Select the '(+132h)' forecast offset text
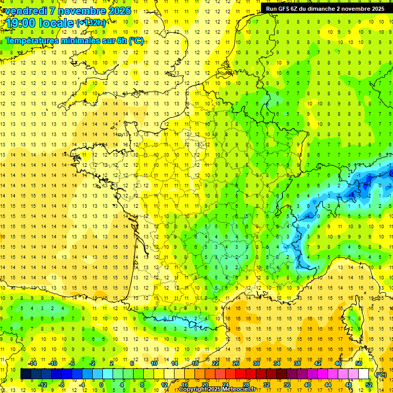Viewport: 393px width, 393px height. click(x=91, y=23)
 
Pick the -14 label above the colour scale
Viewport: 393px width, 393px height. click(x=32, y=363)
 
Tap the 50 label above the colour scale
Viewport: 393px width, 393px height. click(x=359, y=363)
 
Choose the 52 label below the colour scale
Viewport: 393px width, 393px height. click(x=368, y=384)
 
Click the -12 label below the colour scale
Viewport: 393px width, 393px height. click(x=42, y=384)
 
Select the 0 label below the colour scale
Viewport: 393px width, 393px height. click(x=101, y=384)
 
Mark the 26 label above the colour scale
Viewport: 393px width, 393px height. click(x=236, y=363)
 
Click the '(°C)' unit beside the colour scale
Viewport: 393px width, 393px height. click(x=381, y=374)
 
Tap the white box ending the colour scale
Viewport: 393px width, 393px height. click(x=363, y=374)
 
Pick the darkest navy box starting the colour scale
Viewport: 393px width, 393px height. click(x=26, y=374)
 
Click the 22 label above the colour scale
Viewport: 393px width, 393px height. click(x=215, y=363)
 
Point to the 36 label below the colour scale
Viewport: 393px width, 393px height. click(x=287, y=384)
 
